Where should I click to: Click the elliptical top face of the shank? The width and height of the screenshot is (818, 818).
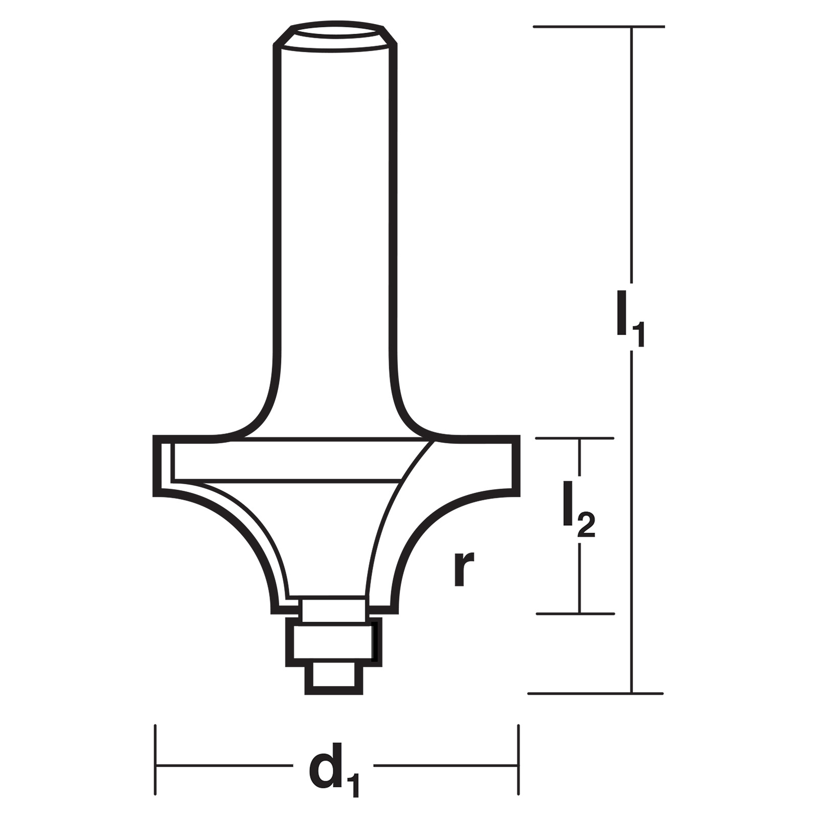pyautogui.click(x=335, y=36)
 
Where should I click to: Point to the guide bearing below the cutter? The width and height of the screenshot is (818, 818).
pyautogui.click(x=333, y=641)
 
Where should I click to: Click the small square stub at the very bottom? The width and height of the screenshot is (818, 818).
pyautogui.click(x=333, y=679)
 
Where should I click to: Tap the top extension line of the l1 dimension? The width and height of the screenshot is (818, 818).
pyautogui.click(x=599, y=27)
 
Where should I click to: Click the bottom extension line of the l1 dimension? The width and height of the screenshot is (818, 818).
pyautogui.click(x=596, y=693)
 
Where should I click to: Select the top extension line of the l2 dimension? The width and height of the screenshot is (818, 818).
pyautogui.click(x=575, y=438)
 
